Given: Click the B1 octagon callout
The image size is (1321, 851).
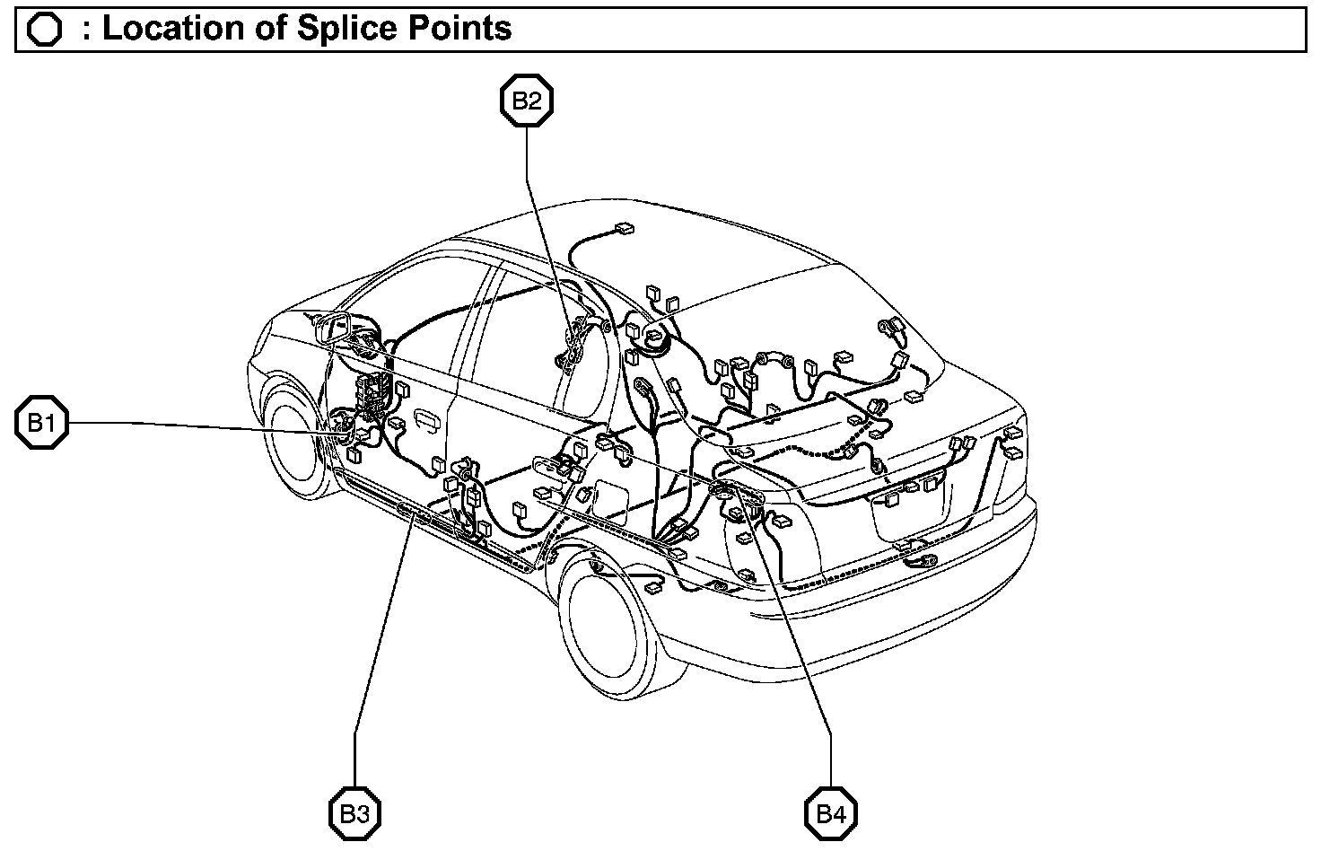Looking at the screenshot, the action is click(x=41, y=422).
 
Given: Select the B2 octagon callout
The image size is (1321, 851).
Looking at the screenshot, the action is click(x=527, y=101).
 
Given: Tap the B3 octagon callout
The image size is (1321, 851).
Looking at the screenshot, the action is click(x=354, y=814).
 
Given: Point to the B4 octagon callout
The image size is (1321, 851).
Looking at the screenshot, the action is click(x=831, y=814).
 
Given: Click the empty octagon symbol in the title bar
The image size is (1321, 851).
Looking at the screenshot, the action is click(x=44, y=30).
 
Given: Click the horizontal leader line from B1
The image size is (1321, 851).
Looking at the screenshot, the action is click(x=197, y=425).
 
